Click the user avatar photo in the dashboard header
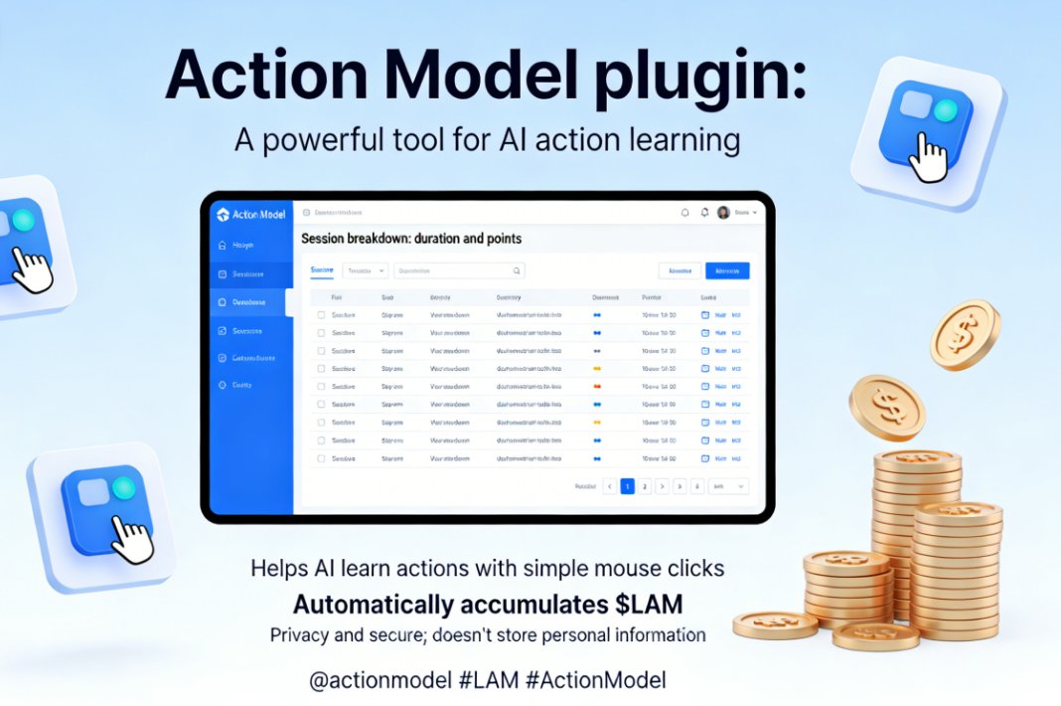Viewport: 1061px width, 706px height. point(723,212)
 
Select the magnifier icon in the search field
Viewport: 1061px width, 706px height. point(517,270)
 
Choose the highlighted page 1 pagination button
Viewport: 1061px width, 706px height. point(628,486)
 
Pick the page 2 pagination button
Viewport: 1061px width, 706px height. point(645,486)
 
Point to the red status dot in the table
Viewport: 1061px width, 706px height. point(597,386)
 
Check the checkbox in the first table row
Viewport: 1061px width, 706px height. point(321,315)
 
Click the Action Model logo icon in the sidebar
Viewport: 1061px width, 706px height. point(222,215)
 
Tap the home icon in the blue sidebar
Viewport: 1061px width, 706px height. point(222,245)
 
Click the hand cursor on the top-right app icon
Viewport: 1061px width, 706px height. point(928,157)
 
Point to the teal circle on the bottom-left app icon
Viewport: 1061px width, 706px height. point(123,487)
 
